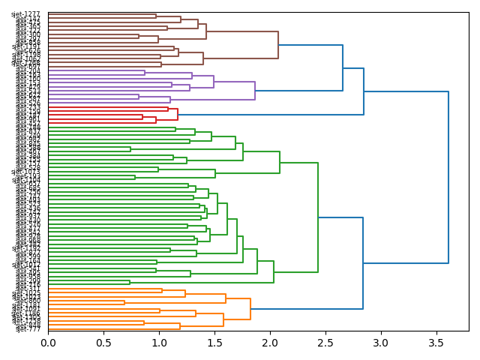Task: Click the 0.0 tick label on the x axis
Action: coord(48,343)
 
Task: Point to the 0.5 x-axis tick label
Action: coord(103,343)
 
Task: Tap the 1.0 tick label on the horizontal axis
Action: coord(159,343)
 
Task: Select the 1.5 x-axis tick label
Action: coord(214,343)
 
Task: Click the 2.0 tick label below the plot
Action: coord(270,343)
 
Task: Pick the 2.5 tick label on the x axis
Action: coord(325,343)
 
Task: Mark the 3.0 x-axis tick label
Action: coord(381,343)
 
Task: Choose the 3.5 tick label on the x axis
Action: coord(436,343)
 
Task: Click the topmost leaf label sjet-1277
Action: coord(26,15)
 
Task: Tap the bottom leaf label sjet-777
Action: coord(28,328)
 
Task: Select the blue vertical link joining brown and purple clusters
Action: coord(343,68)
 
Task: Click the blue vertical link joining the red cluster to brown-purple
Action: coord(364,91)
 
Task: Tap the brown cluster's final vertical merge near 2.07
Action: coord(278,45)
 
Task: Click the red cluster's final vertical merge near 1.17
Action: coord(178,115)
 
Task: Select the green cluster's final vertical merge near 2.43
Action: coord(318,217)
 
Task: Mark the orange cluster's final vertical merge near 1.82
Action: coord(250,308)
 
